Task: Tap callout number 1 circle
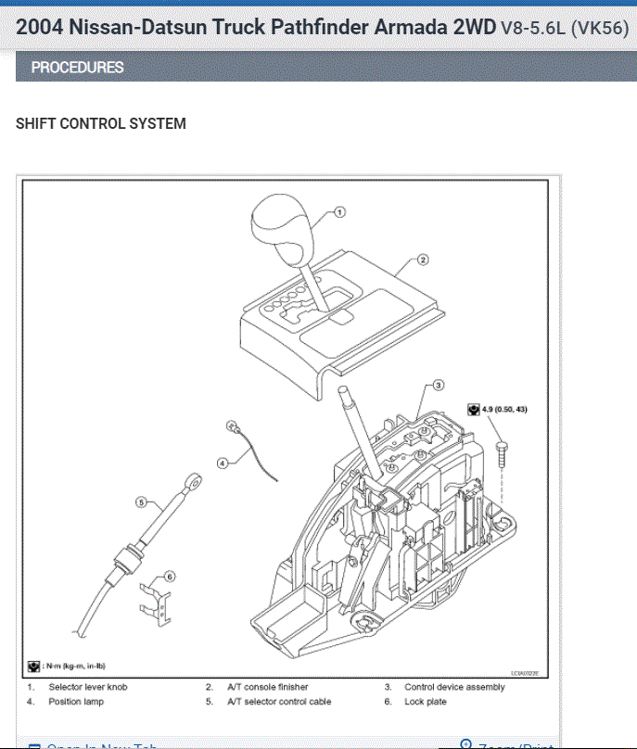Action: coord(338,212)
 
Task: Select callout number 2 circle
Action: coord(423,260)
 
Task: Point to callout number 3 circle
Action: coord(439,384)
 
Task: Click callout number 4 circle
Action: coord(223,462)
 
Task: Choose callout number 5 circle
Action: coord(142,501)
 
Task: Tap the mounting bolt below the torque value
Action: coord(503,452)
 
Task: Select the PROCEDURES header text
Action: coord(77,68)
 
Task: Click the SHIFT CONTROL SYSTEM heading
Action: coord(101,123)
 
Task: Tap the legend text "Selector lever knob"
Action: coord(88,687)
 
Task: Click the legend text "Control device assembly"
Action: coord(454,687)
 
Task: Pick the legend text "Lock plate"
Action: coord(425,702)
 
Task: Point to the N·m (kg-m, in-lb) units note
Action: coord(72,666)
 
